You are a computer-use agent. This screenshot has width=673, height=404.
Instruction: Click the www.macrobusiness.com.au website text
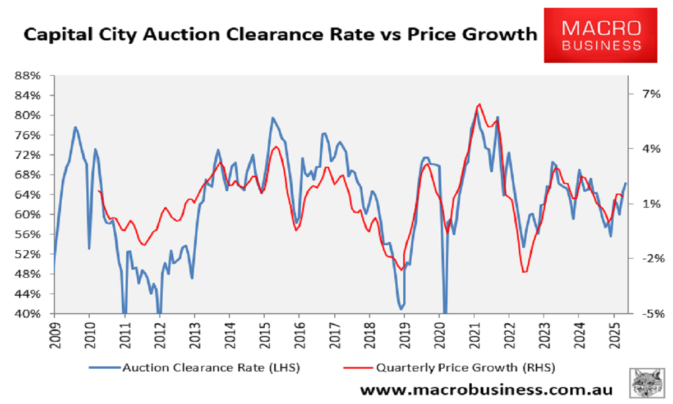click(486, 389)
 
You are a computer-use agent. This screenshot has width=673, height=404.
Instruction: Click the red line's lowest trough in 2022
click(524, 272)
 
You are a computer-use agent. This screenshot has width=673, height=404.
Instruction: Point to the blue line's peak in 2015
click(273, 118)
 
